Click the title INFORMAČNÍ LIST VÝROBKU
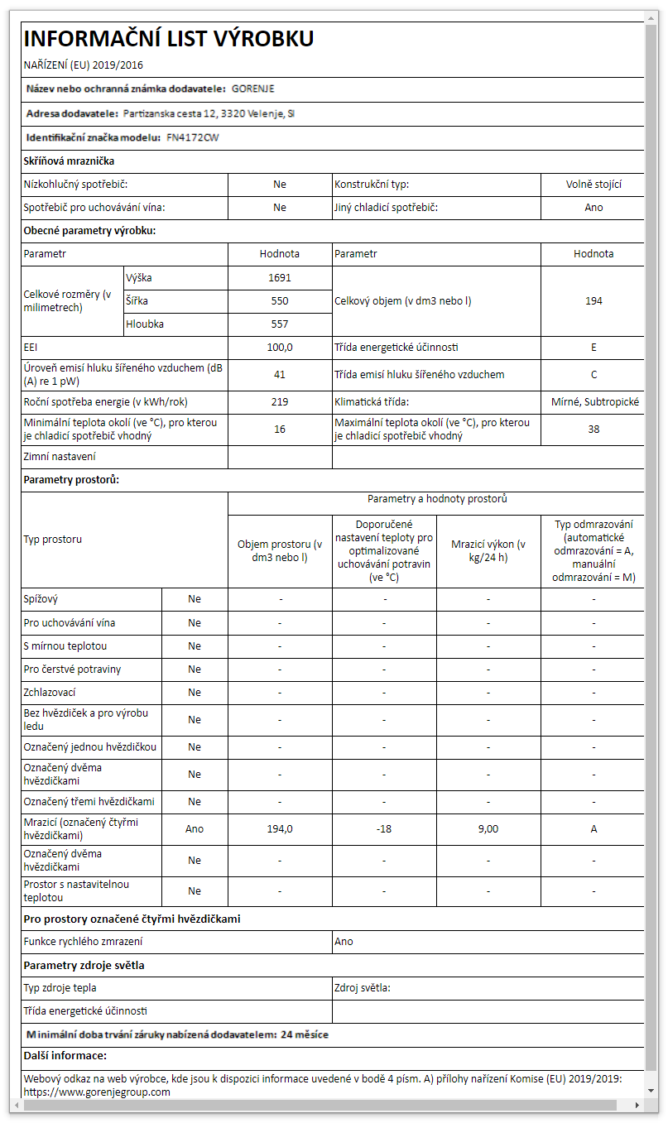169,39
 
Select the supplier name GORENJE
253,89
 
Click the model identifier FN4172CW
193,137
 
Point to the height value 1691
280,278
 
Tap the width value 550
280,301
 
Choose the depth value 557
280,324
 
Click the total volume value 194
594,301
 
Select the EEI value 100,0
280,348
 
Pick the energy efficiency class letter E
594,348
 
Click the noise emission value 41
280,375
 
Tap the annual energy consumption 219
280,402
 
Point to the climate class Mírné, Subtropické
594,402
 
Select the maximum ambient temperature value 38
594,430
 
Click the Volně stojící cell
594,185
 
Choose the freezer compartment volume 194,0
280,829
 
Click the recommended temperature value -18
384,829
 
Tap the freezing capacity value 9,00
488,829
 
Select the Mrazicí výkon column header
488,550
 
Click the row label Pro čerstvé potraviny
66,669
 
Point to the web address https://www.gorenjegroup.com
97,1092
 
